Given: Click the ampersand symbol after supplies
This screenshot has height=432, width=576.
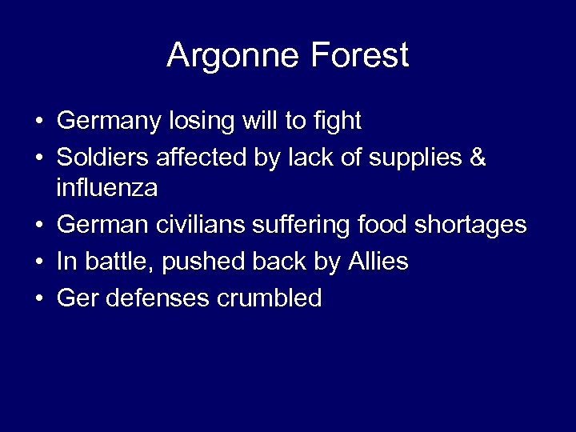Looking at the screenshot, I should pyautogui.click(x=478, y=158).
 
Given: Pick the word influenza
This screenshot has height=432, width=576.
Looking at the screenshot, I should pyautogui.click(x=106, y=190).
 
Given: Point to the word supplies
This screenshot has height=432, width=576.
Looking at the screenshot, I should pyautogui.click(x=417, y=159).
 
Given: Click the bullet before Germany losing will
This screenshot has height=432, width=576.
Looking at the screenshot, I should pyautogui.click(x=38, y=122).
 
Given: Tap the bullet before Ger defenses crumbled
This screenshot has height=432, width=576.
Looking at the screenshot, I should pyautogui.click(x=38, y=298).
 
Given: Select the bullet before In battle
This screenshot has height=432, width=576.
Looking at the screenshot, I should pyautogui.click(x=38, y=262).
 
